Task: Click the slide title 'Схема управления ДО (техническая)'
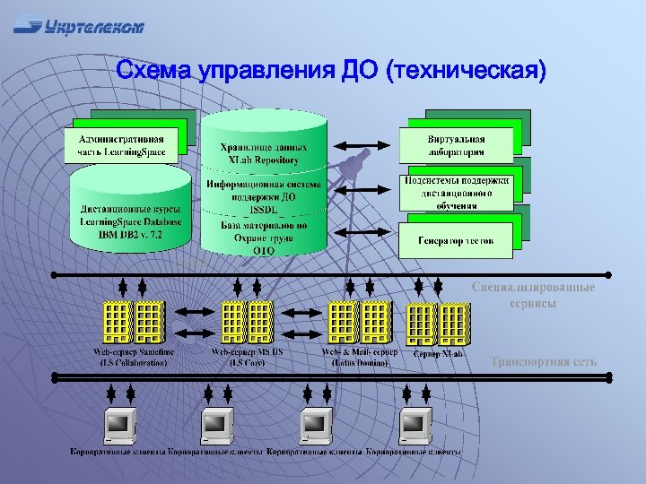pos(331,71)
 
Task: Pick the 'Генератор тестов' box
pos(456,240)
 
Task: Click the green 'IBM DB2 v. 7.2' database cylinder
pos(130,215)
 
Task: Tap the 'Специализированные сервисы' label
pos(533,295)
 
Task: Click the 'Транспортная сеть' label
pos(543,362)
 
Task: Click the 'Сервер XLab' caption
pos(439,354)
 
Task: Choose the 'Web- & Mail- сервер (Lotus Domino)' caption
pos(355,358)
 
